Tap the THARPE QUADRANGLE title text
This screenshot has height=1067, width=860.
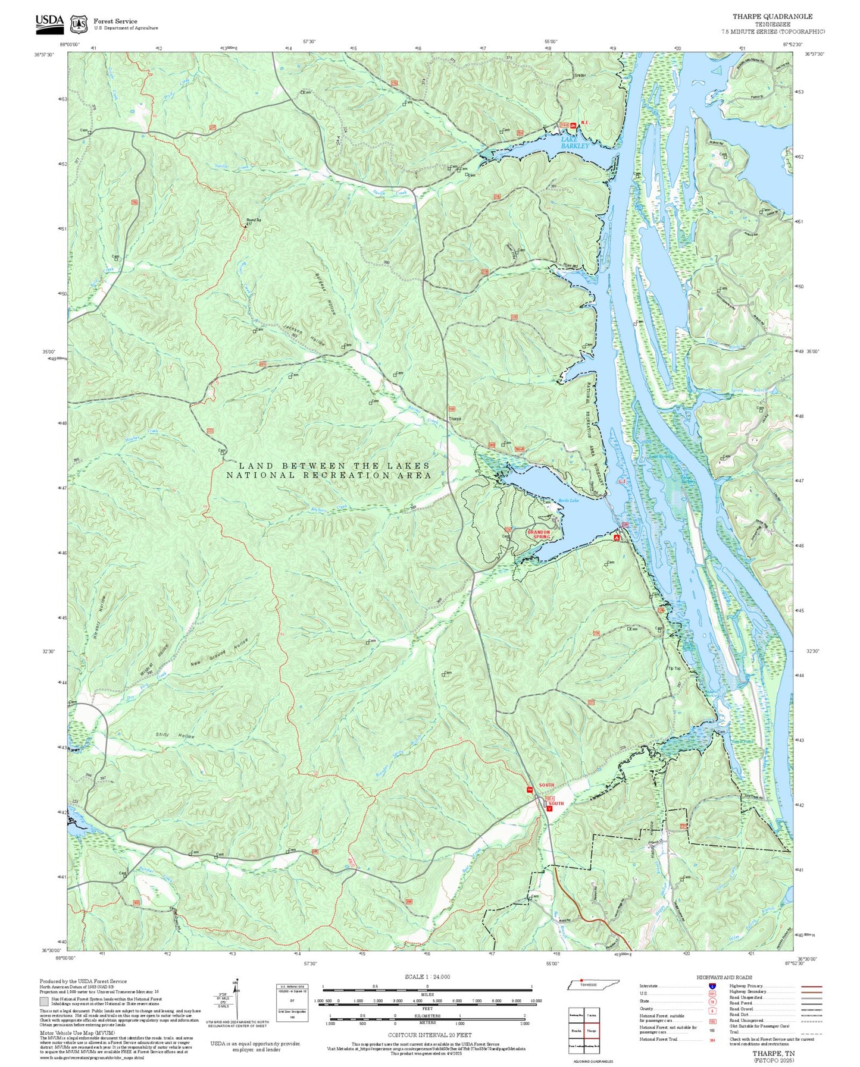(772, 17)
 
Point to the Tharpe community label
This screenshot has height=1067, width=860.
(455, 419)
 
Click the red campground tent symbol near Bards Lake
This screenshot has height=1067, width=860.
(617, 538)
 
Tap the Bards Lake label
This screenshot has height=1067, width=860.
(568, 501)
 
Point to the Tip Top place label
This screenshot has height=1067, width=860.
(674, 669)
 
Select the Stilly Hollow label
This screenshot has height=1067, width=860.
(175, 736)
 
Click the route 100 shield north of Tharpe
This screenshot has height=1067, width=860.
(452, 409)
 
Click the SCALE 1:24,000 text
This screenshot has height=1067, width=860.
(427, 977)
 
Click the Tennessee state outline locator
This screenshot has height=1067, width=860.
(593, 984)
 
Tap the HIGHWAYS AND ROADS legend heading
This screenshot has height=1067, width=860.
(724, 977)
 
